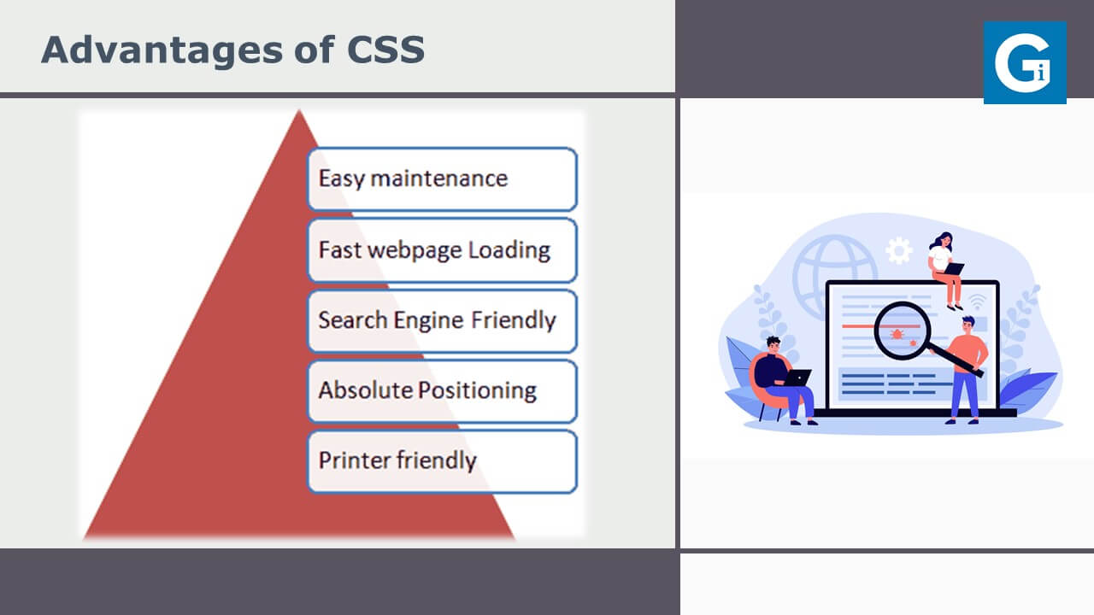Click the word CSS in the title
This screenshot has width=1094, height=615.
tap(385, 50)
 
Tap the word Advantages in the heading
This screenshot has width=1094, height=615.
tap(162, 50)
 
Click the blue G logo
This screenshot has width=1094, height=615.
tap(1025, 62)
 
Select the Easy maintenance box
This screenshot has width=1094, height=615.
tap(443, 179)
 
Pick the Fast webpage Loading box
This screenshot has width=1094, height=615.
tap(443, 250)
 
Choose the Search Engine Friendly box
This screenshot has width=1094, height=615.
tap(443, 321)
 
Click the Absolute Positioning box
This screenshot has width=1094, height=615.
tap(443, 391)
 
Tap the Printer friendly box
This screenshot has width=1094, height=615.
tap(443, 462)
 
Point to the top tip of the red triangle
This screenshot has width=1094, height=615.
tap(299, 110)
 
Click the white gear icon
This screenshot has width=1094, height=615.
tap(898, 250)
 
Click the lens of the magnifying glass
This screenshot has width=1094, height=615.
tap(902, 331)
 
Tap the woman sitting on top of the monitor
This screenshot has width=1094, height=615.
tap(946, 270)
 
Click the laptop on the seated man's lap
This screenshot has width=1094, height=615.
tap(797, 378)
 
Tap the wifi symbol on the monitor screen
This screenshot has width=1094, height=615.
tap(977, 302)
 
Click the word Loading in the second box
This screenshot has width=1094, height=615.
tap(509, 251)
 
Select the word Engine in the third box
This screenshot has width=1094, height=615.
tap(428, 320)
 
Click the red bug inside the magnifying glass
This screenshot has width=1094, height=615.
tap(897, 334)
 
